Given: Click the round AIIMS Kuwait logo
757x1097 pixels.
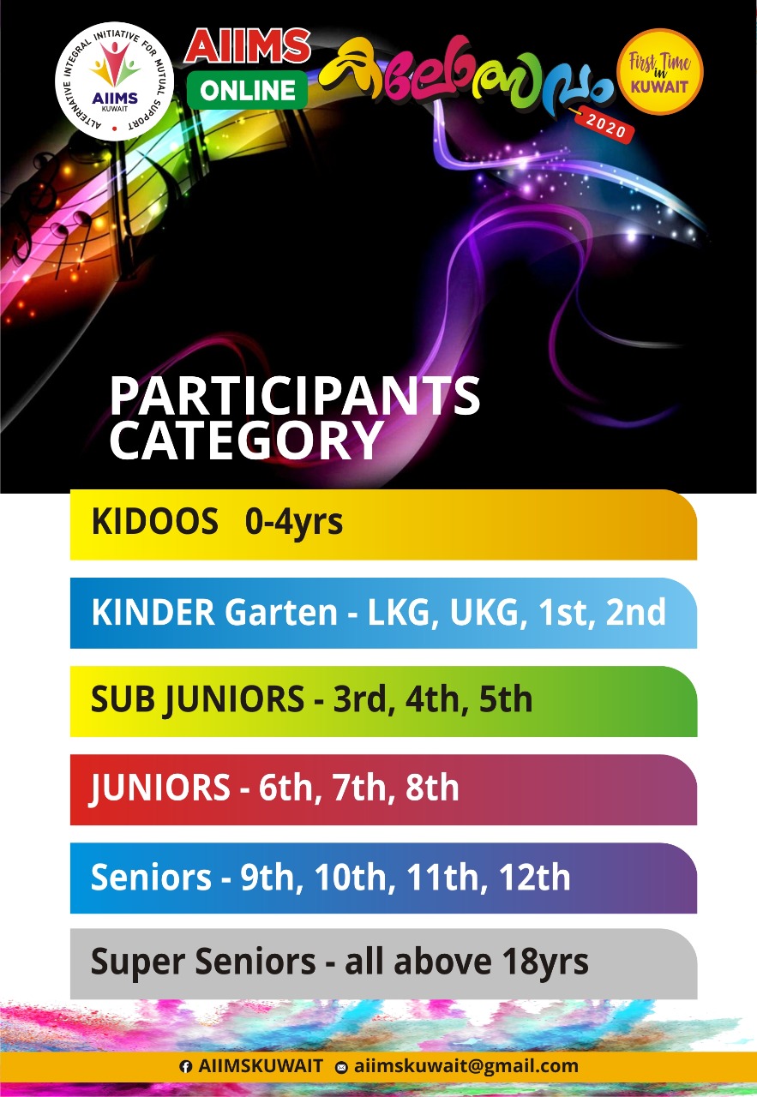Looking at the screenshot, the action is tap(114, 81).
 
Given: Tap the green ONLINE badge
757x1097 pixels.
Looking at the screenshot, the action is tap(247, 90).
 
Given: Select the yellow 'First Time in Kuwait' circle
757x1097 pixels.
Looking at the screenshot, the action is tap(659, 71).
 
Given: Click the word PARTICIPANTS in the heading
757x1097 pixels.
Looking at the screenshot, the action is tap(294, 396).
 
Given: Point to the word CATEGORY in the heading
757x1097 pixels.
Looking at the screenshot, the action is tap(246, 440).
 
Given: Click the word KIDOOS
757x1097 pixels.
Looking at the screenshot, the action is tap(155, 521).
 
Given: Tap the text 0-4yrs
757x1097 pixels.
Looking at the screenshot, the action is tap(293, 523).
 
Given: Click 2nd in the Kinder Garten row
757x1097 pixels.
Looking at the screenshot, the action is tap(636, 612).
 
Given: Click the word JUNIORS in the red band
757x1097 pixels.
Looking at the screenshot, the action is tap(159, 788).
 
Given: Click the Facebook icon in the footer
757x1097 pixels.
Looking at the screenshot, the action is tap(185, 1067).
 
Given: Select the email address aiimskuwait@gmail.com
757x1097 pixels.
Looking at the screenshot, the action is tap(466, 1066).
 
